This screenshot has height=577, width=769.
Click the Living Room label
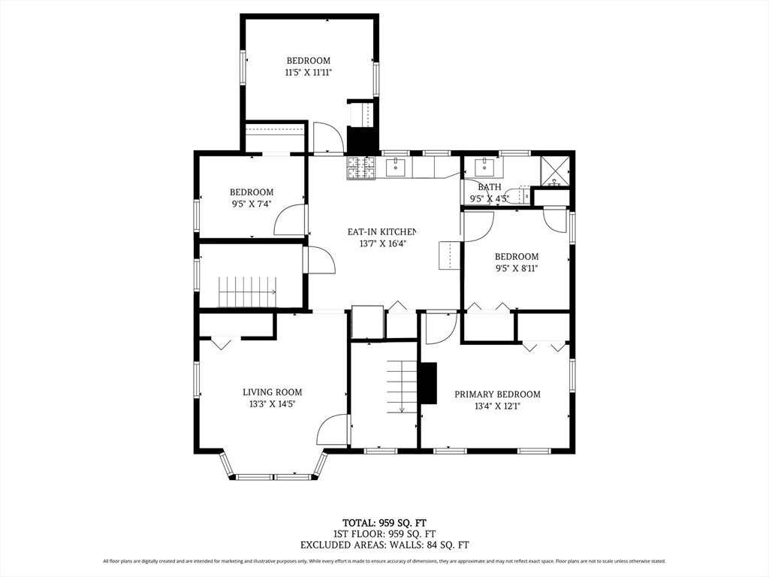(272, 392)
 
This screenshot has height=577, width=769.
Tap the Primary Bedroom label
(497, 394)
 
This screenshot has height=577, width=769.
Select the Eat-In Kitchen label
(381, 231)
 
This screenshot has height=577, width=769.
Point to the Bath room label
(490, 187)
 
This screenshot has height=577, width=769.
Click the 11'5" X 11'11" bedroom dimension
(309, 73)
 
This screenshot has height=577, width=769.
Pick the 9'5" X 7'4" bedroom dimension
(252, 204)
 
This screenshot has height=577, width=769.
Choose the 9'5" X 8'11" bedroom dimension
(517, 268)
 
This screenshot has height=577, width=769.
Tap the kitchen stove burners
(361, 168)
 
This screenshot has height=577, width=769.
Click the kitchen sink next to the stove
(395, 168)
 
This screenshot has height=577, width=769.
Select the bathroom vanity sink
(484, 166)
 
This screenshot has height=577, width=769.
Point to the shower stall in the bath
(555, 171)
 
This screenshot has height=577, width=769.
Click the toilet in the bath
(518, 195)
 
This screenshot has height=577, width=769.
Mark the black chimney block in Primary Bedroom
(429, 383)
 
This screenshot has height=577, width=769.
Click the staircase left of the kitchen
(247, 292)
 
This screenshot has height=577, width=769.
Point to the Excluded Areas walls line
(384, 545)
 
